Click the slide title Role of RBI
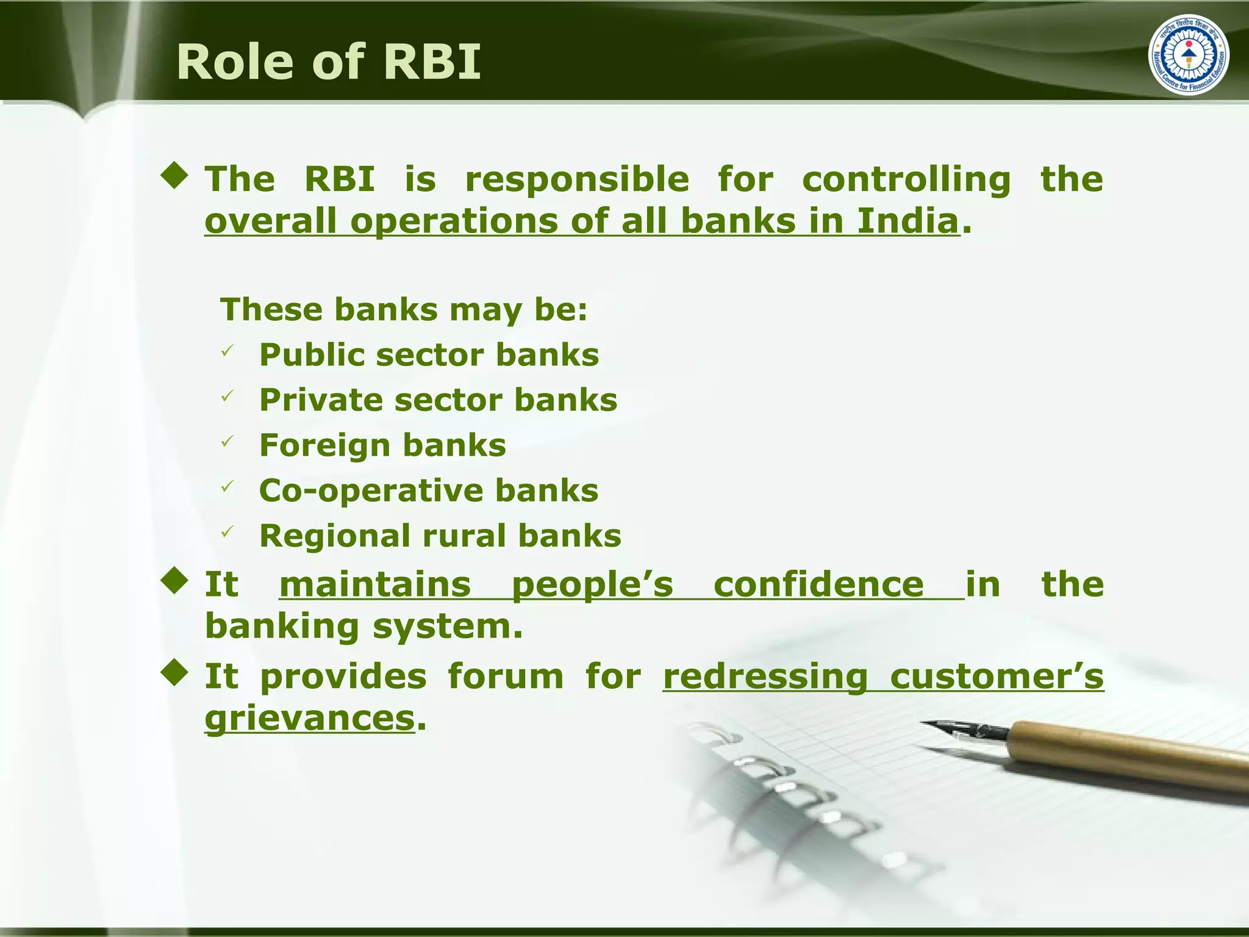(x=329, y=62)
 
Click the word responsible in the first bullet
(x=577, y=179)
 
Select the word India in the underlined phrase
(x=908, y=221)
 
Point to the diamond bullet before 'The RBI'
(x=175, y=176)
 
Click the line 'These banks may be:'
(x=404, y=309)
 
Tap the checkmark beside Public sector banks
(x=227, y=351)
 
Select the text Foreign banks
(x=382, y=445)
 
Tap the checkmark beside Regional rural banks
(x=227, y=532)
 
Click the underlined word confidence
(x=818, y=584)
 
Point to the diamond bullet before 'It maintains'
(x=175, y=581)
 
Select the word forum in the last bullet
(x=506, y=677)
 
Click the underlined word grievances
(x=310, y=718)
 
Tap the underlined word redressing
(x=765, y=677)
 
